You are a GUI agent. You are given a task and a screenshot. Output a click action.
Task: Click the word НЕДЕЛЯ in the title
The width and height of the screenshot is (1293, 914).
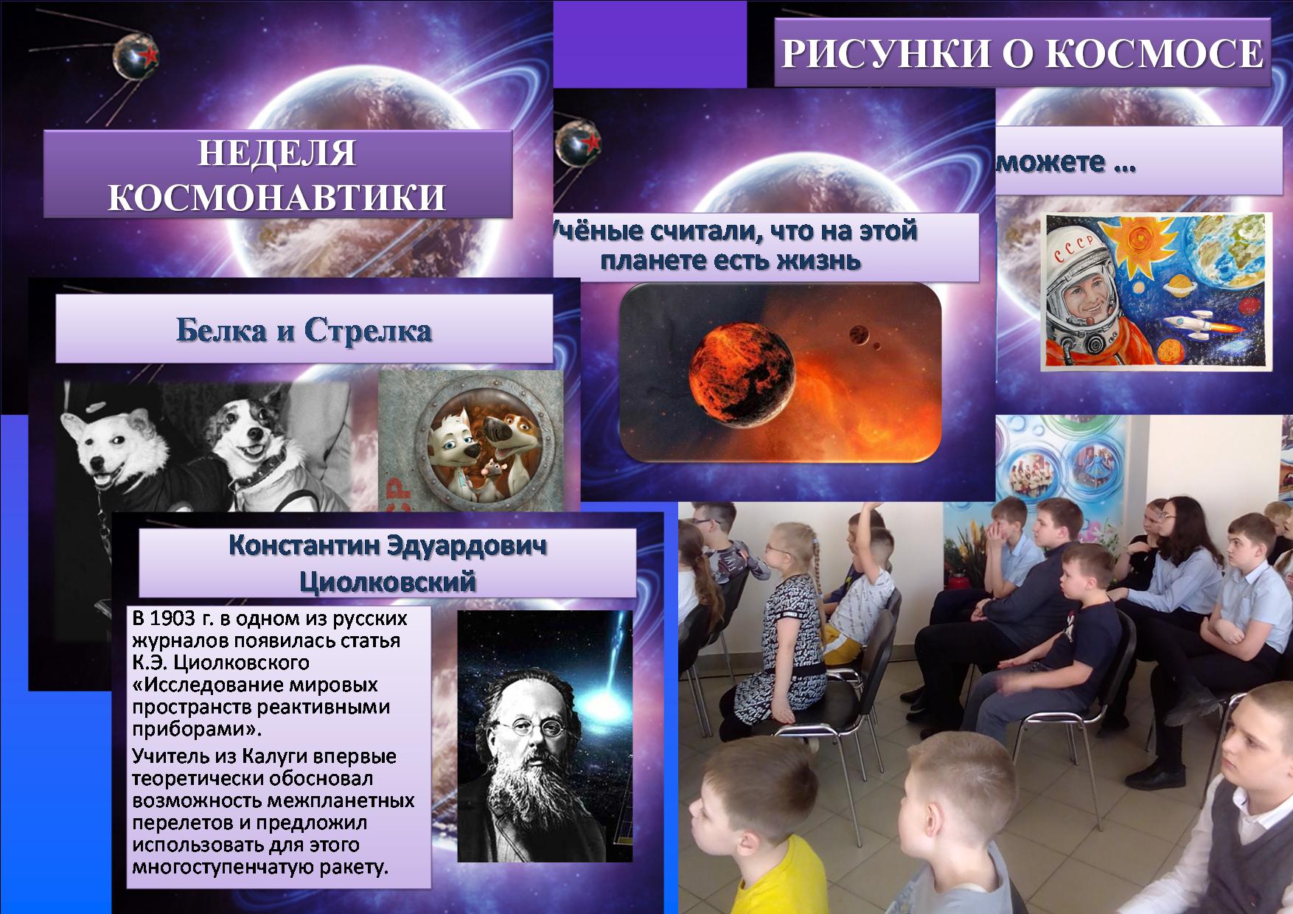coord(277,153)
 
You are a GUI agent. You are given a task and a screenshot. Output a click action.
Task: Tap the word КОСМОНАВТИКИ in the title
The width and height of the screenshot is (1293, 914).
coord(277,198)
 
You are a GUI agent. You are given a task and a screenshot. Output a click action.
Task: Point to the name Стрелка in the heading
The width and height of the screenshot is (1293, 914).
coord(368,330)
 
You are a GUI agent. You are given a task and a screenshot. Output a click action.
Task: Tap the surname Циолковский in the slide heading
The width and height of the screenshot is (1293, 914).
coord(388,582)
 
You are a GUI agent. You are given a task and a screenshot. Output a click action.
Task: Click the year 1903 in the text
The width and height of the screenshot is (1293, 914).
coord(175,618)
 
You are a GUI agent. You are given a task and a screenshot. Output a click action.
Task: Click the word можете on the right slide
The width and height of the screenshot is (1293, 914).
coord(1051,163)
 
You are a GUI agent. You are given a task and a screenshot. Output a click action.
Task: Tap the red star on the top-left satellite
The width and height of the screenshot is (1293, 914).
coord(150,54)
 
